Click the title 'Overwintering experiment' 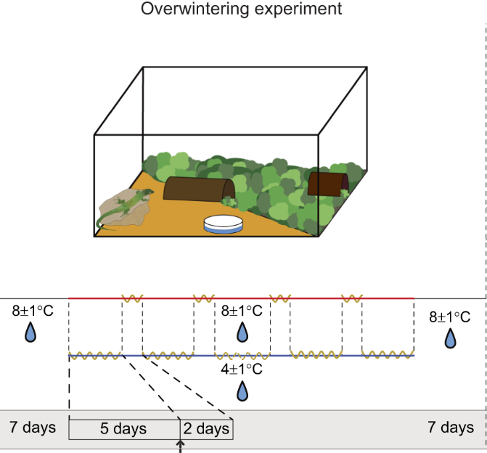coord(242,9)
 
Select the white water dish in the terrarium coord(223,224)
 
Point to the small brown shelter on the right coord(327,183)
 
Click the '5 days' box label coord(123,428)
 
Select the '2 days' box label coord(207,429)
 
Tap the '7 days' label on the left coord(33,427)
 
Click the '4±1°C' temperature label coord(242,369)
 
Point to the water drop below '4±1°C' coord(242,391)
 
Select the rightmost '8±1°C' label coord(450,317)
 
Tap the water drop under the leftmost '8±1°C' coord(31,332)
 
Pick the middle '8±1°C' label coord(242,311)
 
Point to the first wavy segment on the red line coord(132,298)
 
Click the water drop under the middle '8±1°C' coord(242,332)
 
